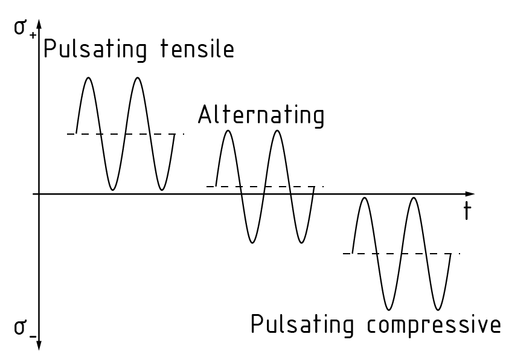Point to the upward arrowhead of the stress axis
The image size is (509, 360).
39,23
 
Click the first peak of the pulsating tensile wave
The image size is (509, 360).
89,78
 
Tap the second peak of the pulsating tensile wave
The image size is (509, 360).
138,78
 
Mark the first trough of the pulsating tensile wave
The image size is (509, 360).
113,190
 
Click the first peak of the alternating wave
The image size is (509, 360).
228,130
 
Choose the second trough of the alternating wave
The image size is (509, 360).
302,243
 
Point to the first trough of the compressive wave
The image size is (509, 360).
389,309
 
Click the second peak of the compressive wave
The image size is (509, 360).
414,198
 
